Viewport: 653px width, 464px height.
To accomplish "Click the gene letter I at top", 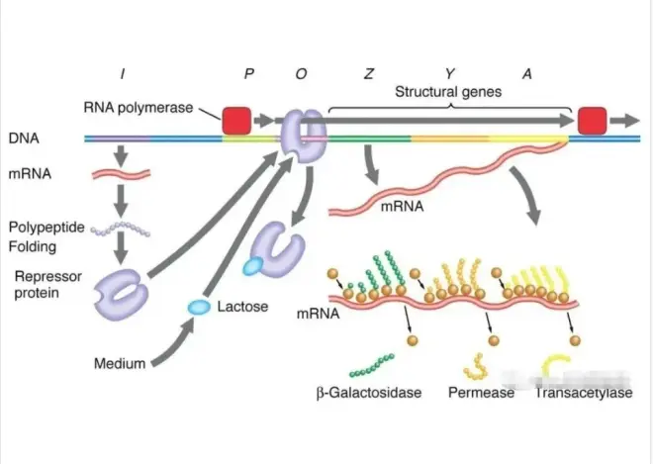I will point(125,72).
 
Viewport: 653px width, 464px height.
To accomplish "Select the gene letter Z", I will point(368,72).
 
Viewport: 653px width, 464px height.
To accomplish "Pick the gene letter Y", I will point(449,72).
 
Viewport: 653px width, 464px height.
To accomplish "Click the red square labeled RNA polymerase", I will point(236,120).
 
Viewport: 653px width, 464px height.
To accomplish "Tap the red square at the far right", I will point(592,120).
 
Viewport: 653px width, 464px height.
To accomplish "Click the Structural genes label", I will point(449,91).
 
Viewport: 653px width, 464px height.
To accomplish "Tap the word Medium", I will point(120,363).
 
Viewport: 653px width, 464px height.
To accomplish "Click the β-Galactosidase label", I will point(369,393).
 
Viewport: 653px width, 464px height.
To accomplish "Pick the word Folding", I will point(34,246).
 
